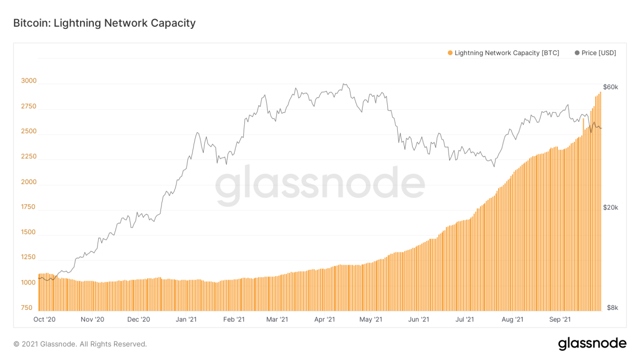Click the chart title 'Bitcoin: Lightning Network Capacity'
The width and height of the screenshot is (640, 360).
tap(105, 23)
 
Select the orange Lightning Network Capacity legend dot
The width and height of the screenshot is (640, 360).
tap(450, 53)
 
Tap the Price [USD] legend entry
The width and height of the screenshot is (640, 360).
tap(595, 53)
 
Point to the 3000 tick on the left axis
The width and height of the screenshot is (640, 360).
tap(29, 81)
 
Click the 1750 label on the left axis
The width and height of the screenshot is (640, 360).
tap(29, 207)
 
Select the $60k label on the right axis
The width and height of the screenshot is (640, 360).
tap(610, 87)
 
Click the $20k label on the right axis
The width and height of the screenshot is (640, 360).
tap(610, 207)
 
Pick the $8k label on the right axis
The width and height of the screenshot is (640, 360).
tap(612, 308)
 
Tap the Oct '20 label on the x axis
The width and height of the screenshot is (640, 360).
tap(44, 319)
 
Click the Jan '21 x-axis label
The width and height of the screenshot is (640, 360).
tap(186, 319)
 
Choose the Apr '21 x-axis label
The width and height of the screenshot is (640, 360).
tap(324, 319)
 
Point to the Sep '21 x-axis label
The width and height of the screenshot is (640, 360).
tap(560, 319)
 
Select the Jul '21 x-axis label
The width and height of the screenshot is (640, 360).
tap(465, 319)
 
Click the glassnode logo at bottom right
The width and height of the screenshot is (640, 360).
tap(592, 344)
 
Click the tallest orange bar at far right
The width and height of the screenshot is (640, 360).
tap(600, 203)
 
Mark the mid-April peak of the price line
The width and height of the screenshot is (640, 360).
tap(345, 84)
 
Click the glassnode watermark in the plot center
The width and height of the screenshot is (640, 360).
tap(320, 185)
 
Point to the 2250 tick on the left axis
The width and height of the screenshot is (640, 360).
tap(29, 157)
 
